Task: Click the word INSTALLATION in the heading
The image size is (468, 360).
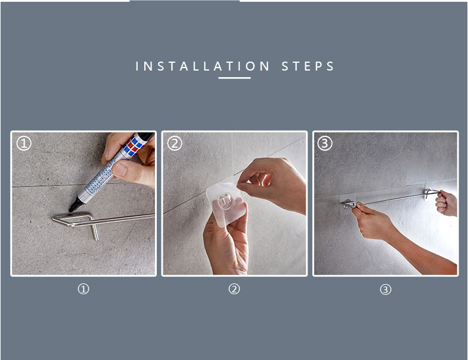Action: [202, 66]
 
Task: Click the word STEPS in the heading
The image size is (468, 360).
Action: [308, 66]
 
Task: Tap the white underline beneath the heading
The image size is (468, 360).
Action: [234, 78]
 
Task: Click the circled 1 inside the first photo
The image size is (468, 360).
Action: [24, 144]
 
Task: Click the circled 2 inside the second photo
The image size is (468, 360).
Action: [175, 144]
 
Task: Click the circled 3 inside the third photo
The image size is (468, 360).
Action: [325, 144]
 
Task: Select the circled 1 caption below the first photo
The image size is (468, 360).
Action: [84, 289]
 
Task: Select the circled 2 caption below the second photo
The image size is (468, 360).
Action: [234, 289]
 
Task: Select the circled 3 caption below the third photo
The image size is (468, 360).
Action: [385, 289]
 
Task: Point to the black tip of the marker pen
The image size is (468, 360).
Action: [72, 209]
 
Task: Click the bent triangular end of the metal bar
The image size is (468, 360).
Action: [72, 219]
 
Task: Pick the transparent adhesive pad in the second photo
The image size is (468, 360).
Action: [226, 203]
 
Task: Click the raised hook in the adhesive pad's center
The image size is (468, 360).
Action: [225, 201]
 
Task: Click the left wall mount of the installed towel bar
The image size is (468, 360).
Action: [348, 204]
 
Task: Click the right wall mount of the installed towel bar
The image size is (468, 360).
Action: [428, 193]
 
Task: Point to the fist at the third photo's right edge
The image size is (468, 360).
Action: [446, 203]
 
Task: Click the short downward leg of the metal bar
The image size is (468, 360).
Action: [95, 232]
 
